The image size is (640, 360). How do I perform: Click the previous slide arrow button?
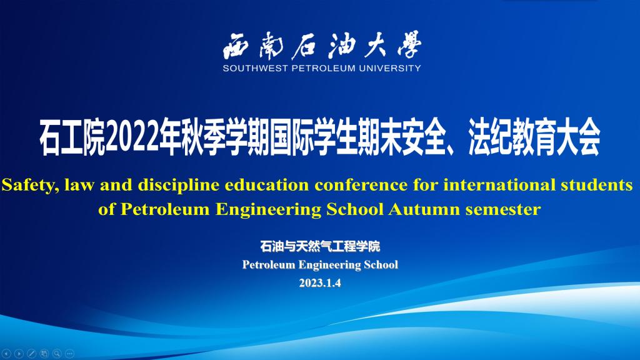click(x=6, y=354)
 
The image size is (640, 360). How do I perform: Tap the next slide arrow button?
click(x=19, y=354)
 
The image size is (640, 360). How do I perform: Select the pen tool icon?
click(x=31, y=354)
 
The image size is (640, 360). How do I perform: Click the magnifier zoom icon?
click(x=57, y=354)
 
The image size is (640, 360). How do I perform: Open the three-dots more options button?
click(x=69, y=354)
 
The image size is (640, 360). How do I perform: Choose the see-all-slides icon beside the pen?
click(x=44, y=354)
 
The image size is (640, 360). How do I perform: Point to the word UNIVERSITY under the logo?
click(x=390, y=68)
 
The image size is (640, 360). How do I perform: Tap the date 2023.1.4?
click(x=320, y=283)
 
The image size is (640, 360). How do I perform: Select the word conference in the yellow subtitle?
click(x=361, y=185)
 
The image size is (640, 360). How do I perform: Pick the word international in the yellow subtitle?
click(x=499, y=185)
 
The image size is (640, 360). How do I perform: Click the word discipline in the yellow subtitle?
click(x=178, y=186)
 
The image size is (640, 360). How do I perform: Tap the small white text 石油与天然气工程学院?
click(x=320, y=246)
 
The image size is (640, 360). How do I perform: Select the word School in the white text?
click(x=381, y=264)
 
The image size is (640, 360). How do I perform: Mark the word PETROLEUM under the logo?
click(x=323, y=68)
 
